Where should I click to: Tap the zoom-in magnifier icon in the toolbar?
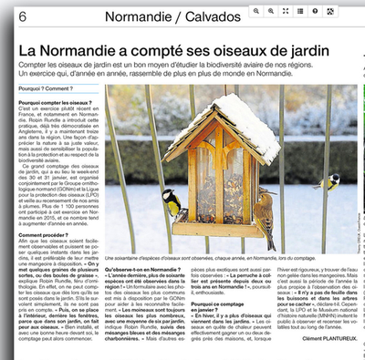click(257, 10)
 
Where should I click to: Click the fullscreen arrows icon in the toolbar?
click(286, 10)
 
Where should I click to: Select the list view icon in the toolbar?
click(300, 10)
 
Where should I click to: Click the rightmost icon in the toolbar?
click(329, 10)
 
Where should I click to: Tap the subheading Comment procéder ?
click(41, 234)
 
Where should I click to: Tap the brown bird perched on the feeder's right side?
click(262, 215)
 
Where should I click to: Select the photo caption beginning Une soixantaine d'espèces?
click(219, 258)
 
